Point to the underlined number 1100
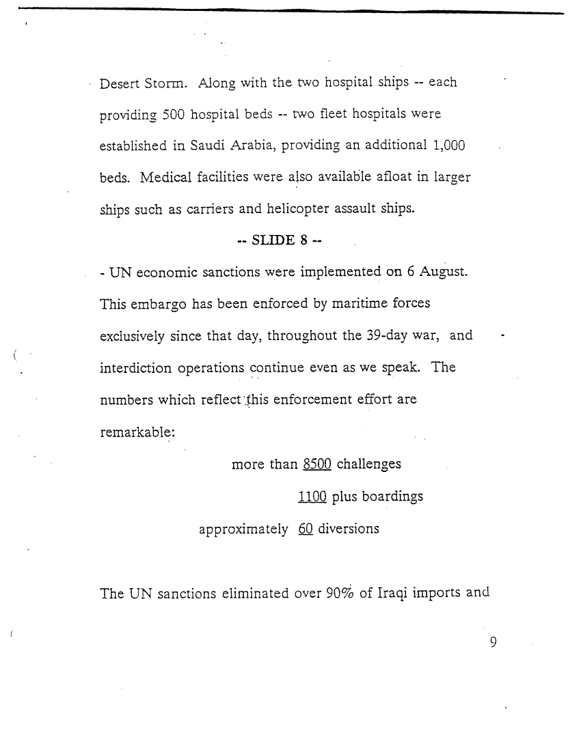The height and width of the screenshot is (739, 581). point(312,497)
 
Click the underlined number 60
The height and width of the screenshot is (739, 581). point(306,529)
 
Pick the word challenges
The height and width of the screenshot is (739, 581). point(369,464)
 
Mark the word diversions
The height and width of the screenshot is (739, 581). point(349,529)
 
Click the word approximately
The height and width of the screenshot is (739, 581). point(243,530)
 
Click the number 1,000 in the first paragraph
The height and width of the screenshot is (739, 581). point(449,145)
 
